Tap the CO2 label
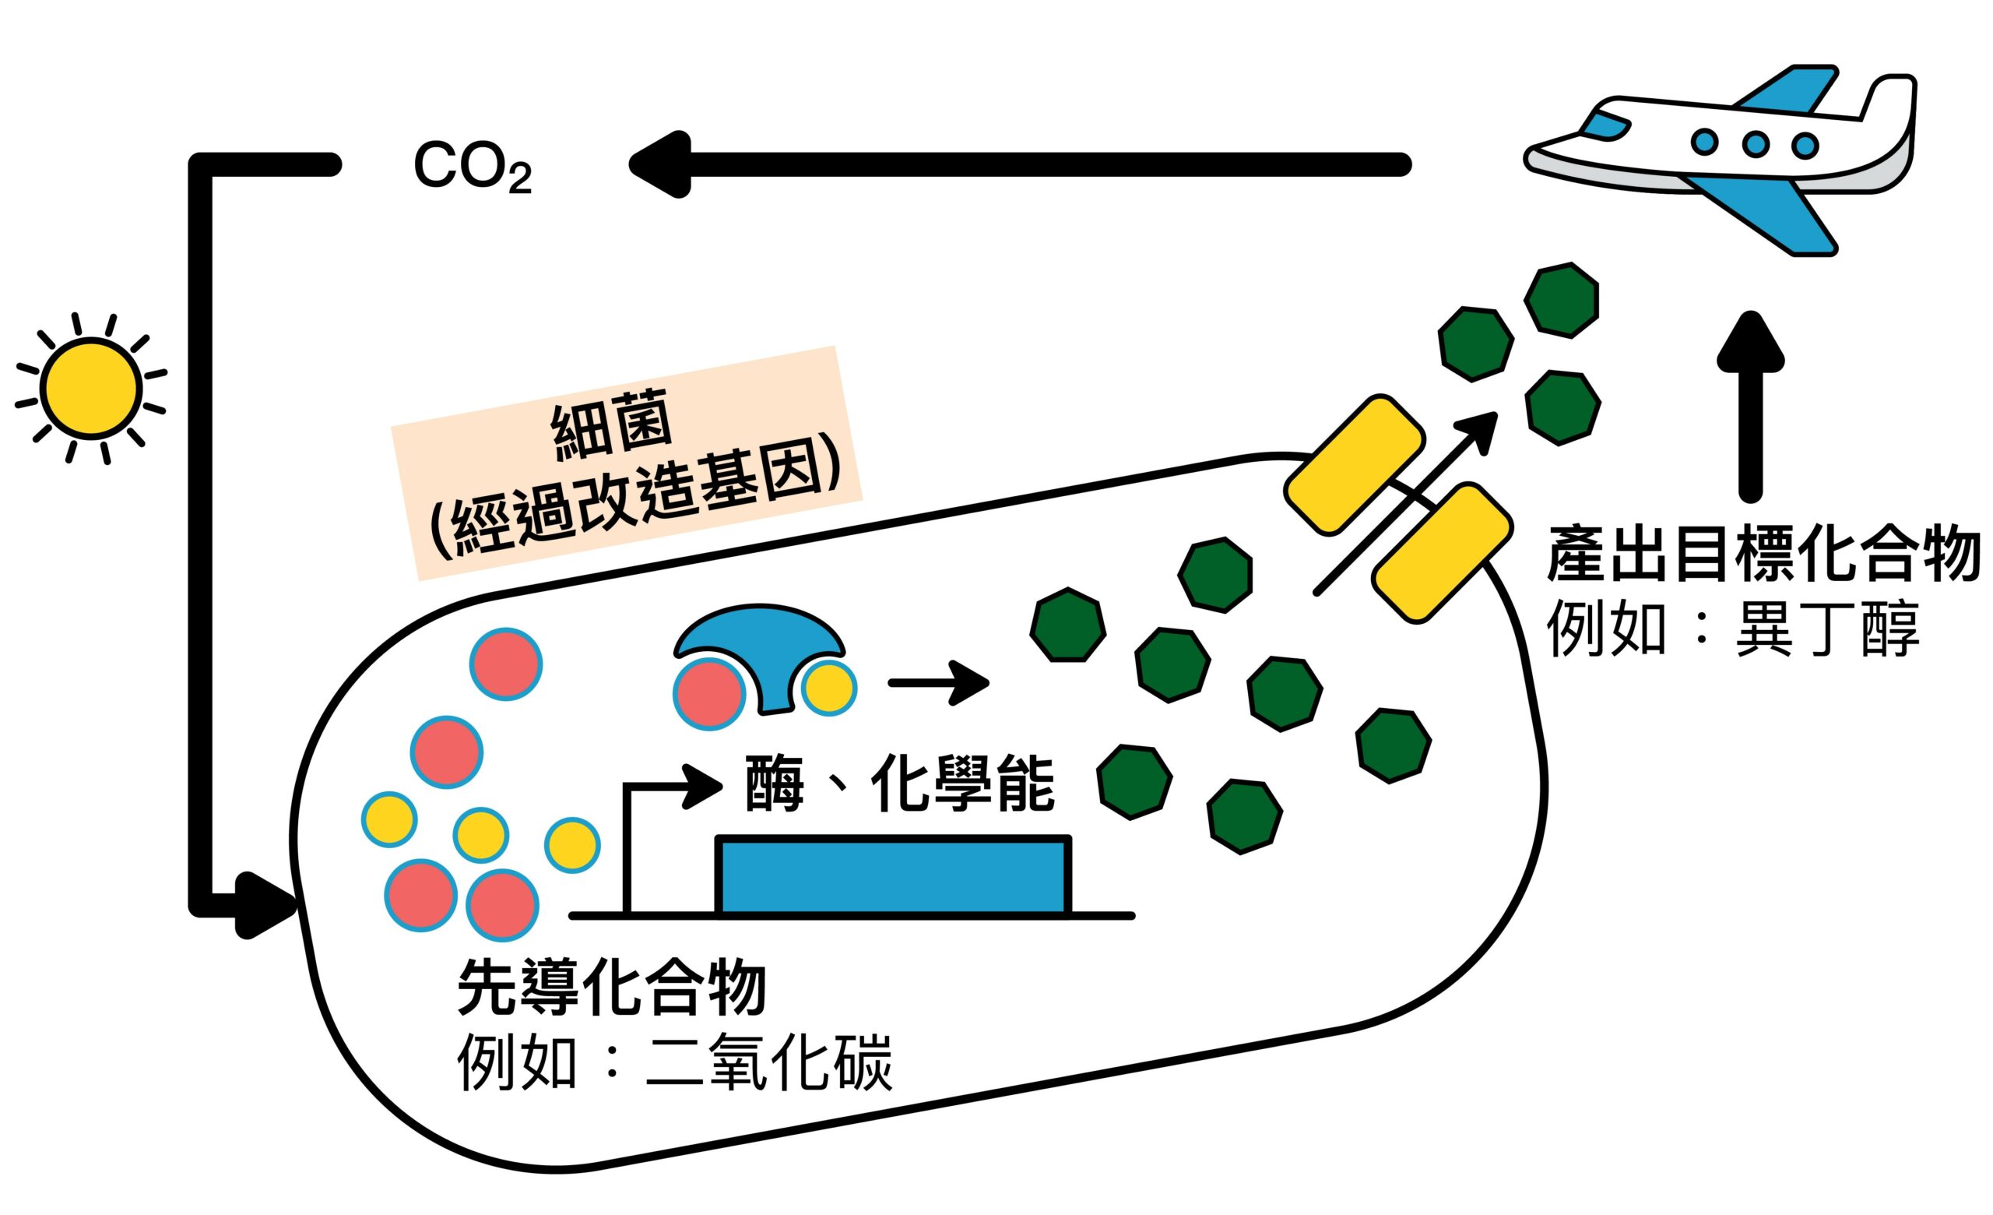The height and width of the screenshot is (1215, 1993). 473,168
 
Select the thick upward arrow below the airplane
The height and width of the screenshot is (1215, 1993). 1750,404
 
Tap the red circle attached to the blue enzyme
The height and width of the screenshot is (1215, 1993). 709,694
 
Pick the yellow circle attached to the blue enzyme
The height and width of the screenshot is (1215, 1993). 829,688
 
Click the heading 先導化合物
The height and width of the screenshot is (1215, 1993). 611,988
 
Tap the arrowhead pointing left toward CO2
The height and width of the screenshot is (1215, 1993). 659,164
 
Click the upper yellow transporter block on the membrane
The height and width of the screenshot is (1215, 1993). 1354,464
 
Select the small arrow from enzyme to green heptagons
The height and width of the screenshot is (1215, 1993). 938,684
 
